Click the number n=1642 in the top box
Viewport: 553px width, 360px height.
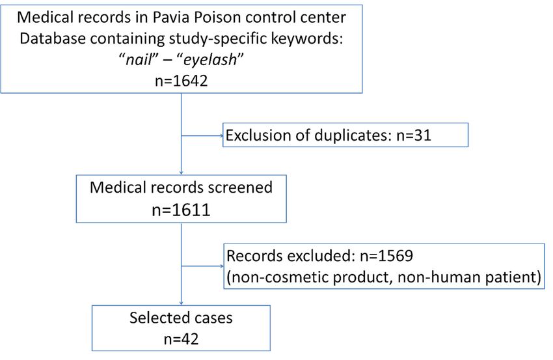pyautogui.click(x=182, y=81)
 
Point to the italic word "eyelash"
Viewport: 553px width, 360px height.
pyautogui.click(x=211, y=59)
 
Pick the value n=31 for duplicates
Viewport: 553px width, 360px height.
pyautogui.click(x=414, y=135)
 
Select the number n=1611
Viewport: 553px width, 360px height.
pyautogui.click(x=182, y=210)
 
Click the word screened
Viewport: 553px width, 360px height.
pyautogui.click(x=240, y=187)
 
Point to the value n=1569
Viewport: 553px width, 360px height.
pyautogui.click(x=386, y=256)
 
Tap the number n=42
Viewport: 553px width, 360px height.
pyautogui.click(x=182, y=339)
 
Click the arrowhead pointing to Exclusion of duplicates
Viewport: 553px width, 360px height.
pyautogui.click(x=221, y=135)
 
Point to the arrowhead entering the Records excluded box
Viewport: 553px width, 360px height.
pyautogui.click(x=222, y=266)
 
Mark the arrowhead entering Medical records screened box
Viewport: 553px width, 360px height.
pyautogui.click(x=182, y=173)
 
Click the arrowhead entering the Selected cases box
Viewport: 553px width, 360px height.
pyautogui.click(x=182, y=303)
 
